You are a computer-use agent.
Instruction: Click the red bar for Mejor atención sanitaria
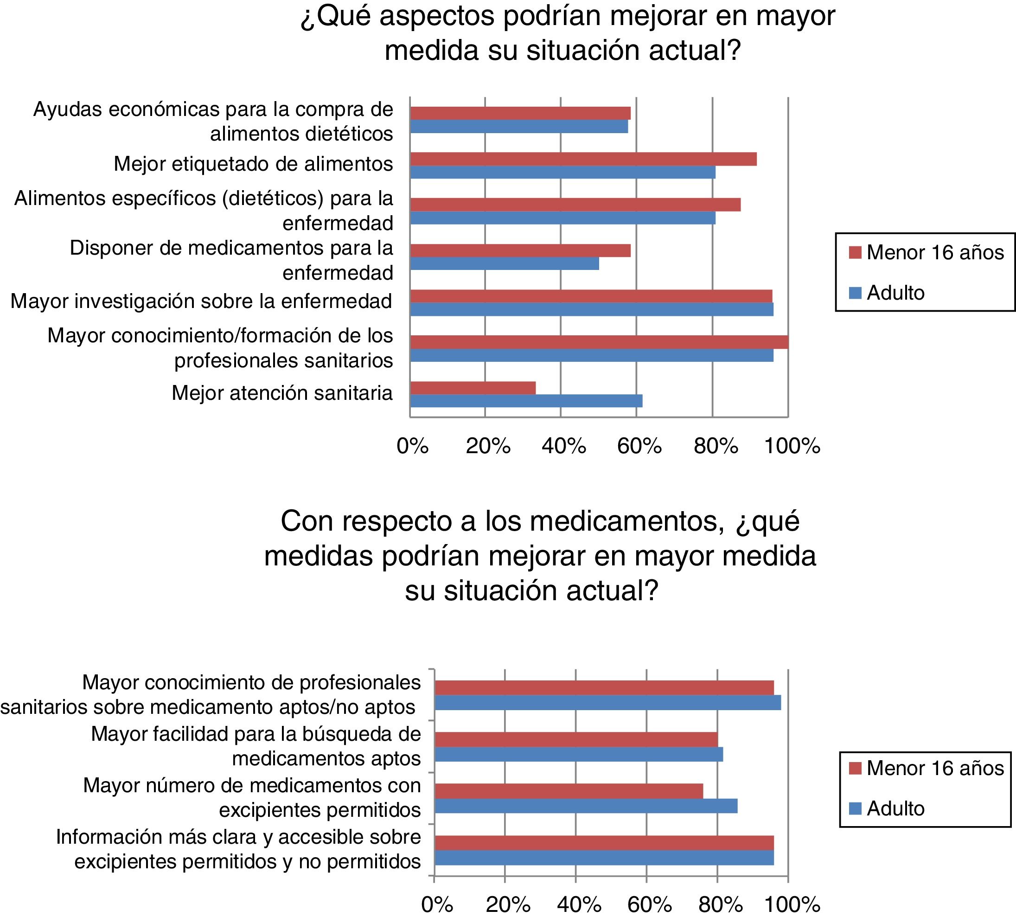(473, 388)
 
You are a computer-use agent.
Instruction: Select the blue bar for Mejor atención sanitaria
(526, 401)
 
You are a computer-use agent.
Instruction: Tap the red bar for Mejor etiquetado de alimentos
(583, 159)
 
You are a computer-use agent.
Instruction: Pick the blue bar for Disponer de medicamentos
(504, 263)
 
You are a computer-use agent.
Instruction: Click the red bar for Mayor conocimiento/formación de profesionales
(599, 342)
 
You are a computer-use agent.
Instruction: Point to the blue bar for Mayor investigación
(591, 309)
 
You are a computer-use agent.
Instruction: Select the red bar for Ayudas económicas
(520, 113)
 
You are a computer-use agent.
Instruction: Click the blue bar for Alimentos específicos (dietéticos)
(562, 218)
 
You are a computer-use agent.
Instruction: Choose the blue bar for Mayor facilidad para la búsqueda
(578, 754)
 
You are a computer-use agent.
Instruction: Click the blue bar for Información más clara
(603, 858)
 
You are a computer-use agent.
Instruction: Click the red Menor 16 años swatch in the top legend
(855, 252)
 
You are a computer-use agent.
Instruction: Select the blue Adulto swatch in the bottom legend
(855, 808)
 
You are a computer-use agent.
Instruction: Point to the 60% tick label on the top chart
(639, 446)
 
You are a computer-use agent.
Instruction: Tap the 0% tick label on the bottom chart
(436, 905)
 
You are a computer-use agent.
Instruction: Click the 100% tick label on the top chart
(792, 446)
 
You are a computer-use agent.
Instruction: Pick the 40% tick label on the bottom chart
(578, 905)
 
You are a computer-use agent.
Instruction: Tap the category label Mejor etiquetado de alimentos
(253, 164)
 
